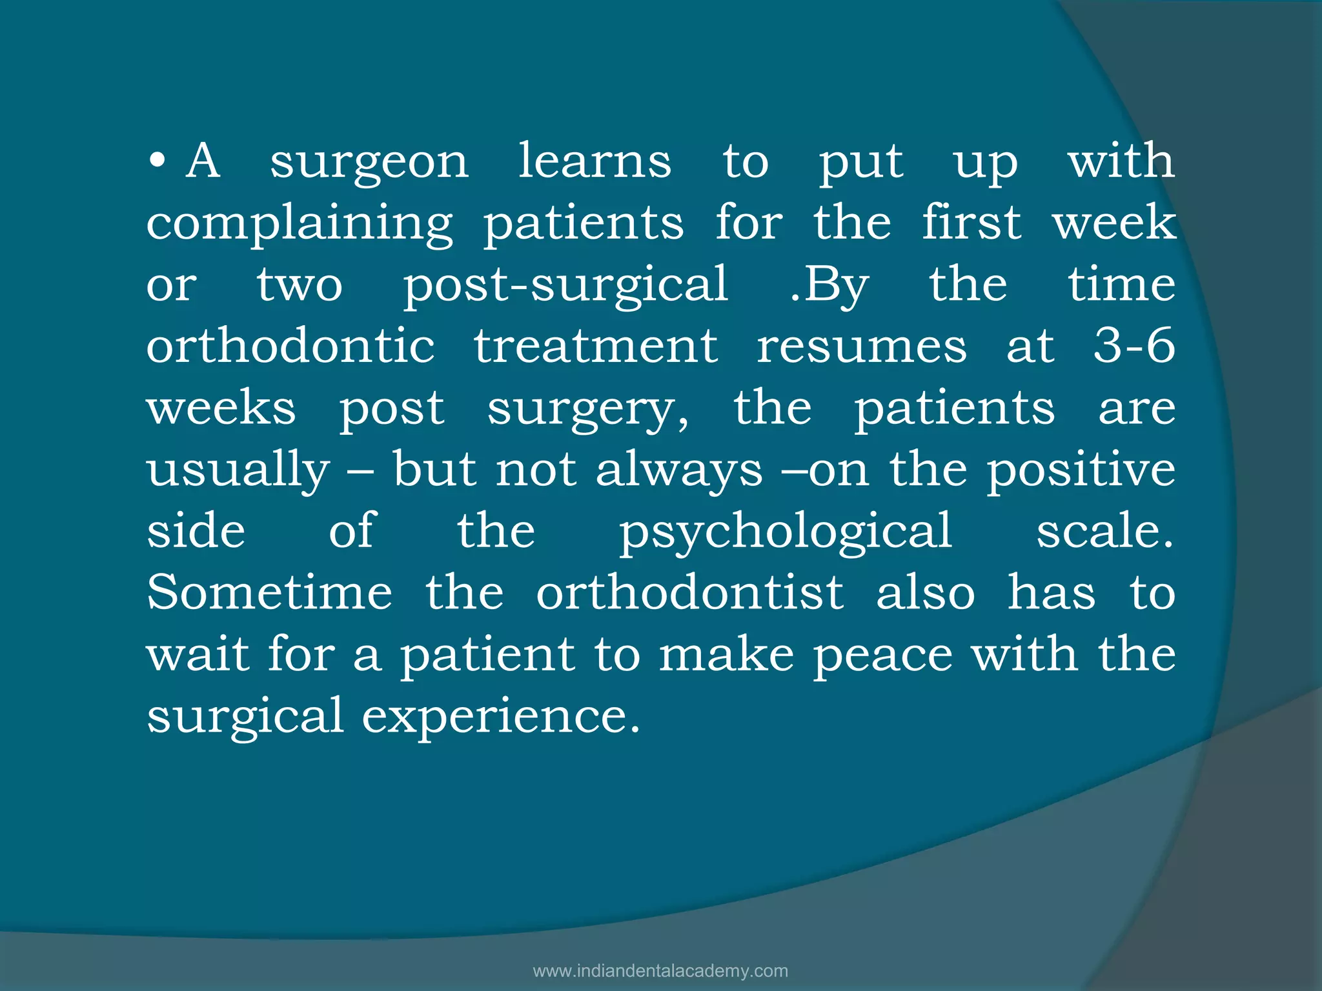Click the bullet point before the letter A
point(157,161)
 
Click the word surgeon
point(369,163)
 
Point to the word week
point(1114,223)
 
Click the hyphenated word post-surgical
point(566,286)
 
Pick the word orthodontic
point(290,346)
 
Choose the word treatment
point(596,346)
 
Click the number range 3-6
point(1134,346)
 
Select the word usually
point(238,471)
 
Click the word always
point(679,471)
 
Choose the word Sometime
point(269,592)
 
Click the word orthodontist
point(689,592)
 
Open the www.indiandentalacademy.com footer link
point(660,971)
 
